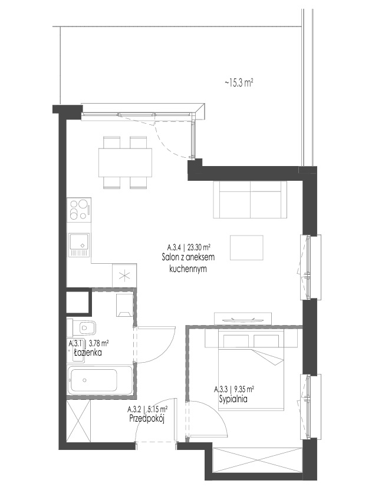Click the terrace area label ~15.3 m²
click(239, 83)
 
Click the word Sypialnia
click(233, 399)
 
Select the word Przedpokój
click(147, 419)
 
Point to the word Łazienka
click(88, 353)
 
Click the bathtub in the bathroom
click(100, 380)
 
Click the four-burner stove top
click(79, 209)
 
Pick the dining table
click(125, 163)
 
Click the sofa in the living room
click(250, 200)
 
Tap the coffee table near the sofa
click(246, 247)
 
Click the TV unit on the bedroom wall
click(243, 319)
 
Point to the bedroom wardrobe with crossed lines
click(258, 459)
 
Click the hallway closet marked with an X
click(79, 420)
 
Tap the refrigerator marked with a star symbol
click(124, 276)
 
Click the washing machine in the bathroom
click(124, 305)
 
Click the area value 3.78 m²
click(99, 343)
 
